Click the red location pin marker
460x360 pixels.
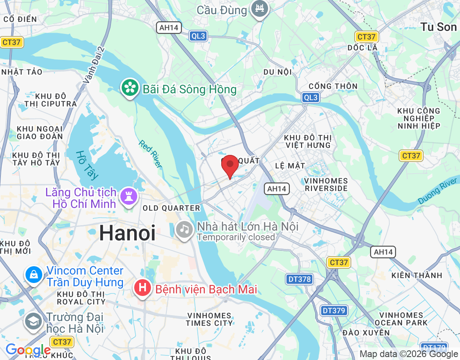[230, 166]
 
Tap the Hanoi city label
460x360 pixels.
[128, 233]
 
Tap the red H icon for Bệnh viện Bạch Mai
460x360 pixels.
[143, 288]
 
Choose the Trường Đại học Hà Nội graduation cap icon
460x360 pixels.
[33, 321]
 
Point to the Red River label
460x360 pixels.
[151, 154]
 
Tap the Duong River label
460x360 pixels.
[438, 190]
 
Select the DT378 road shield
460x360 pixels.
[300, 279]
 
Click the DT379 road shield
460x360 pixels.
[334, 310]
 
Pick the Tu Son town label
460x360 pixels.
[439, 27]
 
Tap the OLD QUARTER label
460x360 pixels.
[171, 208]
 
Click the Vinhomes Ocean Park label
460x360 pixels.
[401, 319]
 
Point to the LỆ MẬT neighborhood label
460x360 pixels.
[290, 166]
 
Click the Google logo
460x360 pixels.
[28, 350]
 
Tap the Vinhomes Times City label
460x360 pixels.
[209, 319]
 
